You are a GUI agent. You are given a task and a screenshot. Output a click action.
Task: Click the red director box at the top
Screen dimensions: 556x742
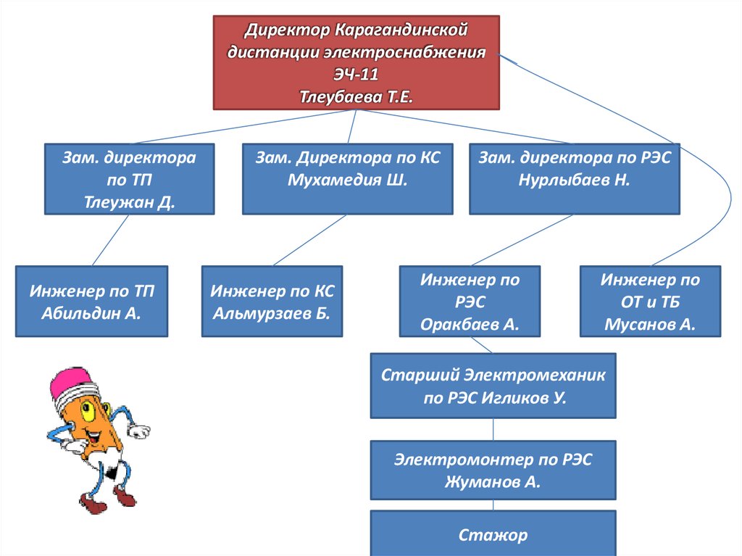[356, 62]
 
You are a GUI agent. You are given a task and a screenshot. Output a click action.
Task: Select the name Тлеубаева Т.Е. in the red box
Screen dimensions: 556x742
[356, 96]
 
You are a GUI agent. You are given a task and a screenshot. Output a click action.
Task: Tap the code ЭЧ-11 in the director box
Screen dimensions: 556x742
[356, 75]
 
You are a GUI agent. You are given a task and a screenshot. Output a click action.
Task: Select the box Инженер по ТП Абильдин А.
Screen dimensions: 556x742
[91, 302]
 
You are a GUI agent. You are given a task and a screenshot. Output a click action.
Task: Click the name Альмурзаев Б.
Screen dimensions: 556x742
[271, 313]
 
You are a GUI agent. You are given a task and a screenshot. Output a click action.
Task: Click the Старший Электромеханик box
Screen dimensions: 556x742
[493, 386]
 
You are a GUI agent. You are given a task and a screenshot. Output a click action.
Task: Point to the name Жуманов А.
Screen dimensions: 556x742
[493, 481]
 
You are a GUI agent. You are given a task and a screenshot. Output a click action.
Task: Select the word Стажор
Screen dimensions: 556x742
[493, 536]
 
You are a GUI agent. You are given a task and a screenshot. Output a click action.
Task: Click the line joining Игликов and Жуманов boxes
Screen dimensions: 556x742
[493, 429]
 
